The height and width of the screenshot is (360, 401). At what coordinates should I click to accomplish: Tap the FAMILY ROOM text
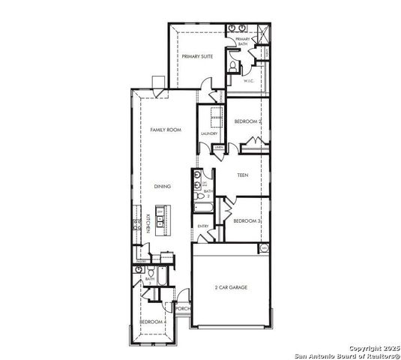166,130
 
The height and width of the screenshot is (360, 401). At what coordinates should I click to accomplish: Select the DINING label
163,186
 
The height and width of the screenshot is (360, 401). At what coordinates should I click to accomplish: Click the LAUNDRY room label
209,133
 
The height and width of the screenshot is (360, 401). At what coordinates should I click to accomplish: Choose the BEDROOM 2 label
247,121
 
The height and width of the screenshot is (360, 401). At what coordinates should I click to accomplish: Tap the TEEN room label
242,175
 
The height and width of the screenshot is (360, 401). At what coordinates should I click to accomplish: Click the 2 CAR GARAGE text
231,287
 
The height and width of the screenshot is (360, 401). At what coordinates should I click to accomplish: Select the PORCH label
181,308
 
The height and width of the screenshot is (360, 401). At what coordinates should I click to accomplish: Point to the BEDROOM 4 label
153,322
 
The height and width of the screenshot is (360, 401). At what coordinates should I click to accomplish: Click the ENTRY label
202,226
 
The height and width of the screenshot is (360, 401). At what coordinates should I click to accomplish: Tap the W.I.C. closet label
250,81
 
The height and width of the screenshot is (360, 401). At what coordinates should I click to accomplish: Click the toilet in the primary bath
233,67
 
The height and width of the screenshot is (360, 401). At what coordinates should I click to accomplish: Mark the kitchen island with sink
160,220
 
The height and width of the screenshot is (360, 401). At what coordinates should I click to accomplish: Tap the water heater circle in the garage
263,247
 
